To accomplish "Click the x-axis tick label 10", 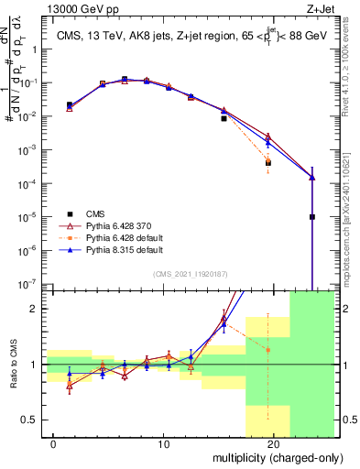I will (x=164, y=444).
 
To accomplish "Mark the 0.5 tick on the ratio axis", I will (x=37, y=420).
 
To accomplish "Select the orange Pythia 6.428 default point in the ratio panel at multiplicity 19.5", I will (x=268, y=350).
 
